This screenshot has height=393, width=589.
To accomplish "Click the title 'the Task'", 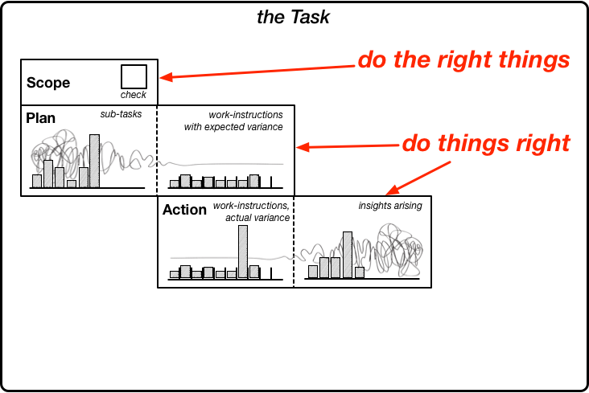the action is click(x=293, y=17).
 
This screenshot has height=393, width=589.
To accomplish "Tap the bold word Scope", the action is click(x=48, y=83).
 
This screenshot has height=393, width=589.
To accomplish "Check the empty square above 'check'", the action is click(x=134, y=77).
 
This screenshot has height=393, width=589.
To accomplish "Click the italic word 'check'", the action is click(x=133, y=95).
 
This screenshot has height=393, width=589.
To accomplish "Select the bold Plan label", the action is click(x=40, y=118).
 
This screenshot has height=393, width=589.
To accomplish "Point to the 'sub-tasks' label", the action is click(x=121, y=114).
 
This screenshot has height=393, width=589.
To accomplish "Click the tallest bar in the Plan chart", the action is click(x=94, y=161).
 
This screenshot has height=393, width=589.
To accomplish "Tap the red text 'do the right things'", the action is click(x=464, y=59).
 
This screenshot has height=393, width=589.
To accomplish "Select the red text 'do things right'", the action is click(x=486, y=143).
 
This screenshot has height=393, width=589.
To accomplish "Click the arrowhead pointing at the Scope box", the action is click(x=166, y=77).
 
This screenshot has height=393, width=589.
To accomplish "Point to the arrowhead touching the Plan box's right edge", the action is click(x=303, y=147).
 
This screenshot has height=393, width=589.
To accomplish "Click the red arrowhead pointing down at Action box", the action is click(x=393, y=190).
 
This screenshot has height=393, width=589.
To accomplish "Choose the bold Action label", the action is click(x=184, y=210).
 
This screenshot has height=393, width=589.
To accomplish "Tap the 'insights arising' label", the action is click(x=390, y=206).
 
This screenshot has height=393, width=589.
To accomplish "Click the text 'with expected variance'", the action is click(x=233, y=127).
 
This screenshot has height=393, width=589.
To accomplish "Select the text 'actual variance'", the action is click(x=257, y=218).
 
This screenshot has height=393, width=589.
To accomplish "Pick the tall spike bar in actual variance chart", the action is click(x=243, y=252).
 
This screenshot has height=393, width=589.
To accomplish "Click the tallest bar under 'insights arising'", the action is click(x=348, y=255).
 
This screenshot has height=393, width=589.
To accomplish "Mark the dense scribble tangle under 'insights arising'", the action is click(x=398, y=248).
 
